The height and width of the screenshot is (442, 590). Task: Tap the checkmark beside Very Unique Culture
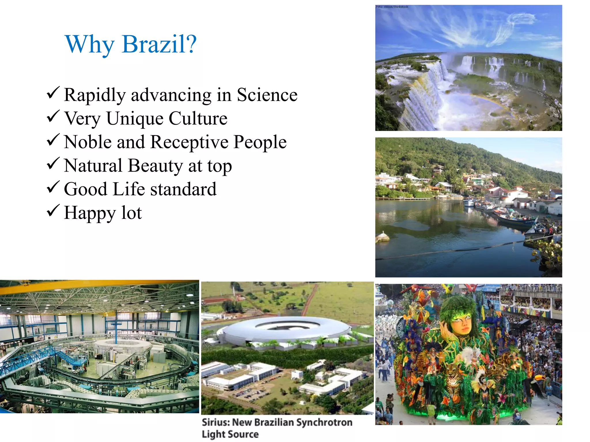point(53,116)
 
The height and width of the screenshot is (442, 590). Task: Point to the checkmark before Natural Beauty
point(53,163)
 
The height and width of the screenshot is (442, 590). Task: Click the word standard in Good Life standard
point(183,189)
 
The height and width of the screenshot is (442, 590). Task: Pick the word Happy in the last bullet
point(90,213)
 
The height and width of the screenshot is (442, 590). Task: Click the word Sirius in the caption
point(215,422)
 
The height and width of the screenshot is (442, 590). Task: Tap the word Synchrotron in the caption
point(324,422)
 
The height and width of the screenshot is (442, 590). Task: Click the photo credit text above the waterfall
point(392,7)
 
